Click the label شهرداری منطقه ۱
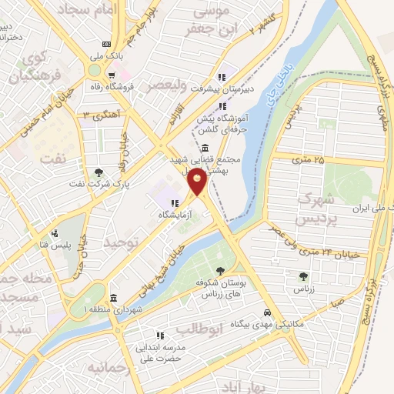[x=82, y=308]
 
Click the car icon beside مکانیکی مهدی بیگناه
[x=266, y=313]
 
